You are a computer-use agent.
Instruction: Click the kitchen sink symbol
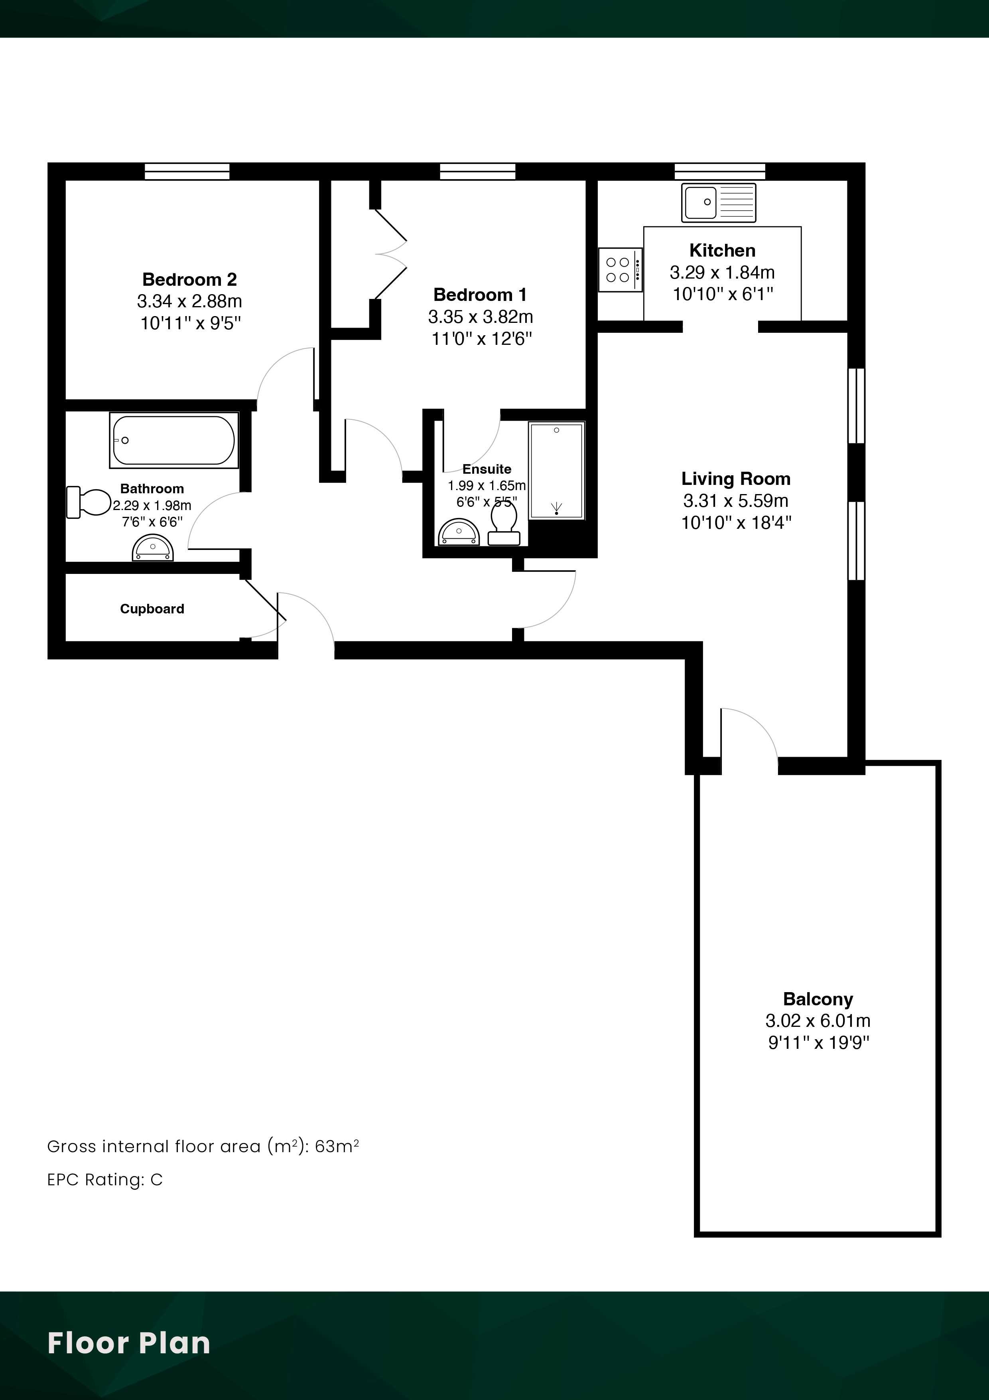point(719,202)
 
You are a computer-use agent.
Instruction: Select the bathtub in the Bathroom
point(173,440)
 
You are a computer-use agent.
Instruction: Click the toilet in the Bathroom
point(89,502)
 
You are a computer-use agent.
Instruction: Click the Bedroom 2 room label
point(189,279)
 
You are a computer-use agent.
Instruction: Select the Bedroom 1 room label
point(480,295)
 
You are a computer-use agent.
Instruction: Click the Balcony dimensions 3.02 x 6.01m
point(818,1020)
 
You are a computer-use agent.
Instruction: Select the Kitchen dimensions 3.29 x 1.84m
point(722,272)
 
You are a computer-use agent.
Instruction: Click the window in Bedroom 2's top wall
point(187,171)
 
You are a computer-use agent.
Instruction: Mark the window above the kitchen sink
point(720,171)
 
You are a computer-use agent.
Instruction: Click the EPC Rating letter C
point(157,1180)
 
